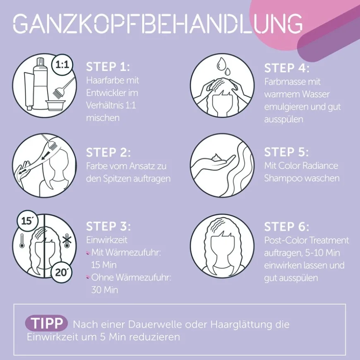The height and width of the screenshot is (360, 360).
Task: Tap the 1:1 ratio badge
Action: pyautogui.click(x=62, y=65)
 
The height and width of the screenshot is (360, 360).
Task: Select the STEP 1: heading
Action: pyautogui.click(x=108, y=67)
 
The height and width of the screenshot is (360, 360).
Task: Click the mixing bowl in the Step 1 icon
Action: pyautogui.click(x=54, y=106)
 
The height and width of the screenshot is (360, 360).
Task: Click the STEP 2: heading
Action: pyautogui.click(x=108, y=152)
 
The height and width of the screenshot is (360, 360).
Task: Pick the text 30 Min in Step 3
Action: pyautogui.click(x=105, y=290)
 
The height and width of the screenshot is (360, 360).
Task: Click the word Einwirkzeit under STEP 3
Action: pyautogui.click(x=107, y=240)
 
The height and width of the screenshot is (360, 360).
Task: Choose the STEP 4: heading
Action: pyautogui.click(x=287, y=68)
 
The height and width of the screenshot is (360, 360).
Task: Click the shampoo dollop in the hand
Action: pyautogui.click(x=216, y=158)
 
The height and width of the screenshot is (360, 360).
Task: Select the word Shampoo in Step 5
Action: pyautogui.click(x=281, y=178)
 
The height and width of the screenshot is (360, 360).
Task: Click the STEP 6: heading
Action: pyautogui.click(x=287, y=227)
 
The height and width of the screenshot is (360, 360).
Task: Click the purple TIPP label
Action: pyautogui.click(x=47, y=323)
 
